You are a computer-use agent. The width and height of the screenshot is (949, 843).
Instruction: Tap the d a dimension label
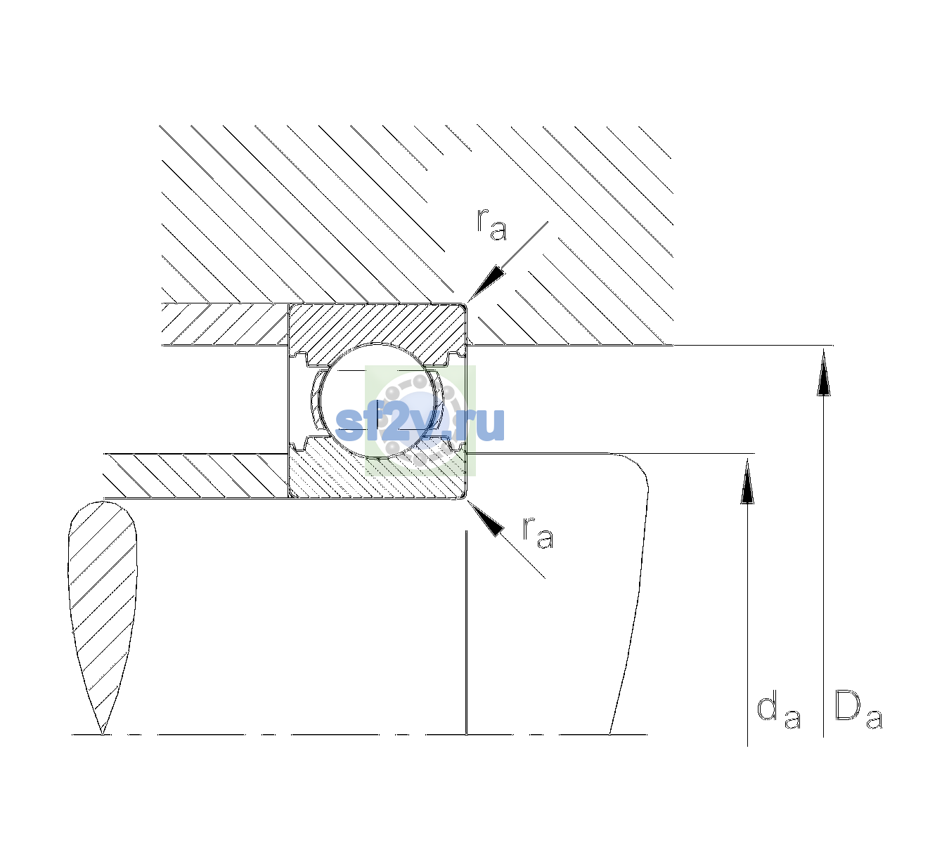(778, 712)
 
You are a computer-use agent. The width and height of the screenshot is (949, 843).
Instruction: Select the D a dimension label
(858, 710)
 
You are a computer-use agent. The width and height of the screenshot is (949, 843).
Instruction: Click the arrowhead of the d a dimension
(747, 482)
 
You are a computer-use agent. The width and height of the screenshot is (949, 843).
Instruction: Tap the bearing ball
(376, 398)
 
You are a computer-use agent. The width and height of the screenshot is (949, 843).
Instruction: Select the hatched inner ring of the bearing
(377, 473)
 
